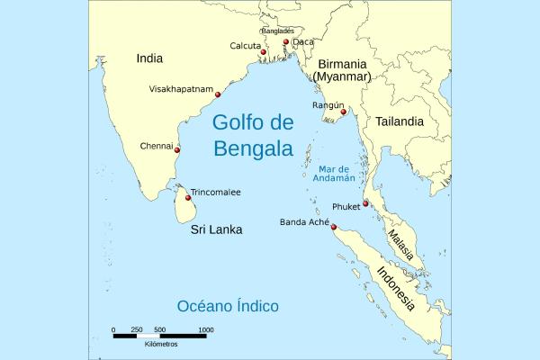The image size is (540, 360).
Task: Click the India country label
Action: point(149,58)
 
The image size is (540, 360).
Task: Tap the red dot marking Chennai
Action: point(177,149)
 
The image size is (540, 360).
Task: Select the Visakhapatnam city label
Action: point(181,89)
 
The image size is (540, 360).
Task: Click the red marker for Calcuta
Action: point(263,53)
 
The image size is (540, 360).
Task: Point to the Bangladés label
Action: point(277,31)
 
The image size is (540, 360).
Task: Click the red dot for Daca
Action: point(285,42)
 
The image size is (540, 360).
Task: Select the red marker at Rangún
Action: point(343,112)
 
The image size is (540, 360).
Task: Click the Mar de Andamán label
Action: point(340,174)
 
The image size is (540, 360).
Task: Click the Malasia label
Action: point(400,243)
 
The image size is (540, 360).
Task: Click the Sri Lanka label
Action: point(216,230)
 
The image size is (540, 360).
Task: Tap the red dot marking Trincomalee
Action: point(188,197)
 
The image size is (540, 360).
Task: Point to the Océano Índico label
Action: point(228,306)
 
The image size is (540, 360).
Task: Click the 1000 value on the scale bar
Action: point(205,330)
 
